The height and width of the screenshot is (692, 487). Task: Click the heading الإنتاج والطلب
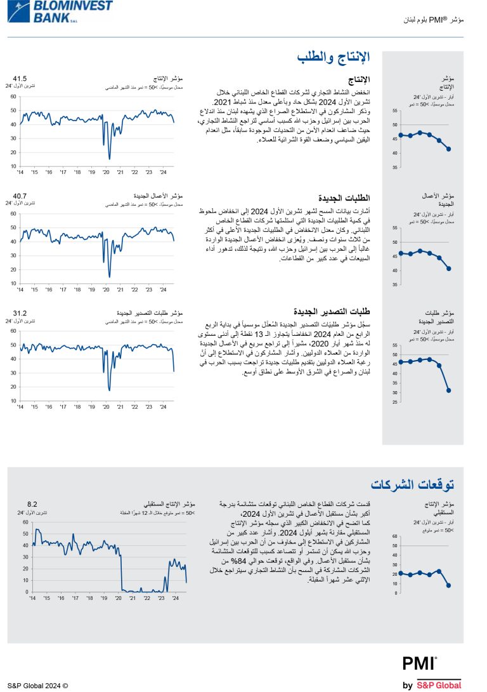pos(333,58)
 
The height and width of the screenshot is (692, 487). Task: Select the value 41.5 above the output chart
pos(20,79)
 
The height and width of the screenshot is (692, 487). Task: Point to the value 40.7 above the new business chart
pos(20,196)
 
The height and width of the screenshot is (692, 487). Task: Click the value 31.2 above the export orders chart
pos(20,313)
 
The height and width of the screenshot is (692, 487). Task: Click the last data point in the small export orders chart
pos(448,390)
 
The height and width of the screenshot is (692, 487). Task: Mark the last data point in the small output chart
pos(448,149)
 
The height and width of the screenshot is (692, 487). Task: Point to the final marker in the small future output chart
pos(448,585)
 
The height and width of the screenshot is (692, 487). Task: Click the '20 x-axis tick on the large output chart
pos(106,172)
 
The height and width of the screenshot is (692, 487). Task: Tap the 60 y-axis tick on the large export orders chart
pos(13,331)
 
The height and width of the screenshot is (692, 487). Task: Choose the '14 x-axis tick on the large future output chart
pos(32,599)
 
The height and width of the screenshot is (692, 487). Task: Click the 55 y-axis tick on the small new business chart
pos(395,228)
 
